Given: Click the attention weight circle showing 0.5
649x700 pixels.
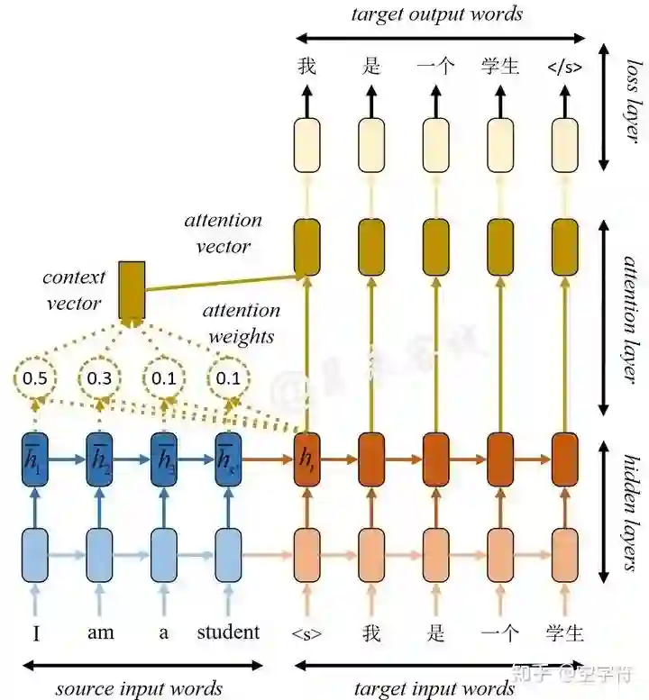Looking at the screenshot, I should click(x=34, y=378).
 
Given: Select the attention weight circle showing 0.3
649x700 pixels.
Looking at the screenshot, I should click(x=99, y=378).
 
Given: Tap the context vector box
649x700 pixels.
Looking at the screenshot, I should click(x=132, y=289).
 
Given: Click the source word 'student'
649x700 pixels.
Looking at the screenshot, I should click(x=228, y=632).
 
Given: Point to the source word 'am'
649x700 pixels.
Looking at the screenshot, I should click(x=101, y=632).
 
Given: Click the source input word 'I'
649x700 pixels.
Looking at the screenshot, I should click(x=35, y=633).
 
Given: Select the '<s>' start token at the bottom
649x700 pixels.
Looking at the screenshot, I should click(x=306, y=633).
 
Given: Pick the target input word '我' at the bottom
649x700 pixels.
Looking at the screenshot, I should click(x=371, y=632).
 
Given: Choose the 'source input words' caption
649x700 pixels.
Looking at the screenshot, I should click(x=139, y=689).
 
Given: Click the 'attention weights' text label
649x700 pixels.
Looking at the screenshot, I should click(x=241, y=323).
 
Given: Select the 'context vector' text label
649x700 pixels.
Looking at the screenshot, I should click(x=74, y=290).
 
